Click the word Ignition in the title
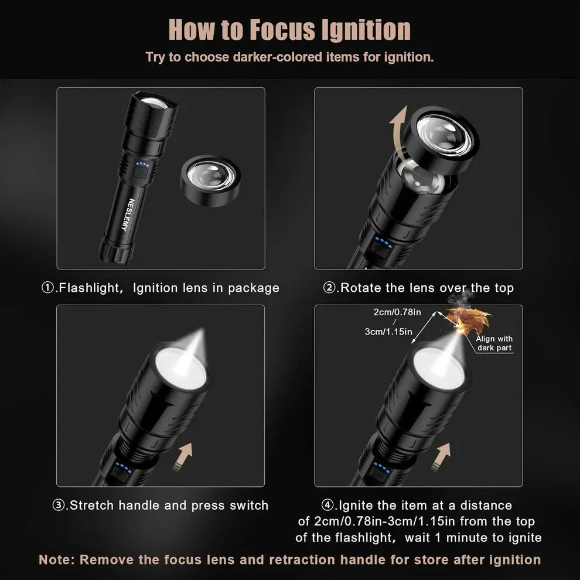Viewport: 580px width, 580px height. pyautogui.click(x=361, y=29)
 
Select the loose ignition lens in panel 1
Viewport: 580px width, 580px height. pyautogui.click(x=210, y=180)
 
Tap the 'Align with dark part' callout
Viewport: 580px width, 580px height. pyautogui.click(x=494, y=343)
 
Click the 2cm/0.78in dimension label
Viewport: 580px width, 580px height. pyautogui.click(x=397, y=312)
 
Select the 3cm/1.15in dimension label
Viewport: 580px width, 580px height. pyautogui.click(x=388, y=332)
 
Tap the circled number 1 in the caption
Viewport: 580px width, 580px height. pyautogui.click(x=48, y=288)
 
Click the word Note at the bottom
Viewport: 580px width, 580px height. pyautogui.click(x=56, y=559)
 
